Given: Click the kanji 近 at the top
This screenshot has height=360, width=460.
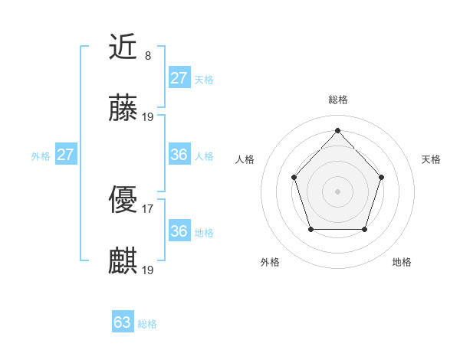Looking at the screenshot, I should (123, 47).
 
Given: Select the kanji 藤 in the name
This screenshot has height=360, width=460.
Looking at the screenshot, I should (123, 110).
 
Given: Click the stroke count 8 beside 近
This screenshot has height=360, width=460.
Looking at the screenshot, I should (148, 55).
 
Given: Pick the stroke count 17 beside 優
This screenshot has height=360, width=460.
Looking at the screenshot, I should (148, 208).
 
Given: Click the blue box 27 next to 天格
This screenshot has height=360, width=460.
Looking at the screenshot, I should (179, 78).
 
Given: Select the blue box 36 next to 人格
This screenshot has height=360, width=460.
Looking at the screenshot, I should (179, 155).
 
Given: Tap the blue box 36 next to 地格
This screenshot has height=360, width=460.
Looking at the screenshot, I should (179, 231).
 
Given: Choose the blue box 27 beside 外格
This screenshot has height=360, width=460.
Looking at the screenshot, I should (65, 155).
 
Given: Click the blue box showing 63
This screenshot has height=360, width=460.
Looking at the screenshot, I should (123, 322).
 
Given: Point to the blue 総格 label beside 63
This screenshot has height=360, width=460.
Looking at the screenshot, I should (147, 324).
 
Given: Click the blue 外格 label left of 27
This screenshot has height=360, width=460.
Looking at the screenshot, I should (41, 156).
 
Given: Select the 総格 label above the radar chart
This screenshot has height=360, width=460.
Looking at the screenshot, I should (337, 100).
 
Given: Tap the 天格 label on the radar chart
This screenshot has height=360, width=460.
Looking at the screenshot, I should (431, 159).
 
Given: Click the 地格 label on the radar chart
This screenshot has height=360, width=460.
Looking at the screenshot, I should (402, 262).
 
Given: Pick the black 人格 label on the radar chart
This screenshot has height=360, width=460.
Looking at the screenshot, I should (245, 159).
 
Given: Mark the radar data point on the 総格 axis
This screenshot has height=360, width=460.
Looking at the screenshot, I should (337, 130).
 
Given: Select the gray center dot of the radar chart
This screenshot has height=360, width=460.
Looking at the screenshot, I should (337, 191).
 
